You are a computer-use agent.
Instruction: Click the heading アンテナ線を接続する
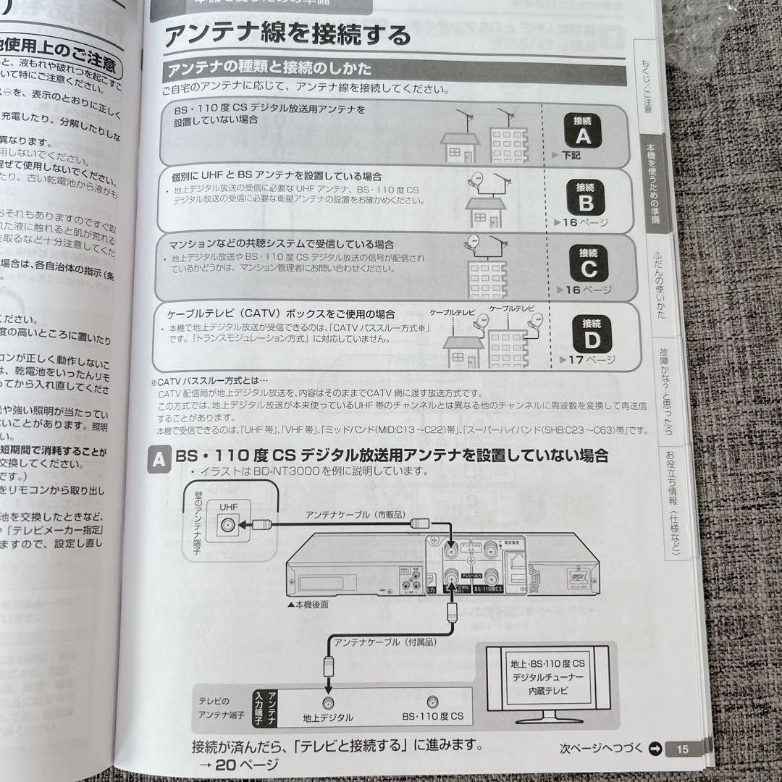[287, 35]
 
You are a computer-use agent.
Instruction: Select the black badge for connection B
[585, 196]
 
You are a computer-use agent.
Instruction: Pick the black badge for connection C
[587, 263]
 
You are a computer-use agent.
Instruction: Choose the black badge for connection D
[591, 333]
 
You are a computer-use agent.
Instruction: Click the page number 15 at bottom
[683, 748]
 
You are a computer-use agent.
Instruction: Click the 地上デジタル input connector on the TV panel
[328, 702]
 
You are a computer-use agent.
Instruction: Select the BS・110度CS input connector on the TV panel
[432, 702]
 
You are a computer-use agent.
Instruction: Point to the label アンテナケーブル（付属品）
[377, 640]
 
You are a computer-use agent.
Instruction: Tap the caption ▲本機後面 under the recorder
[308, 604]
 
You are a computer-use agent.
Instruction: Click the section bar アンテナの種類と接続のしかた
[269, 70]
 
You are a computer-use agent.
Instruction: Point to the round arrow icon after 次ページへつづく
[654, 748]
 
